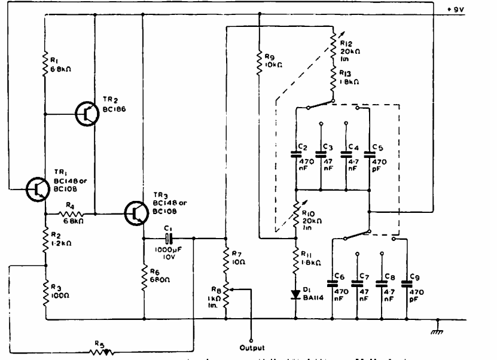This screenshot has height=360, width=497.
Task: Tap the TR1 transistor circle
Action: coord(39,188)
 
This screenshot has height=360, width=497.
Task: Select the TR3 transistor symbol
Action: coord(138,212)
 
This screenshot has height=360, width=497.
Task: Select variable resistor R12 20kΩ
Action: coord(333,43)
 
